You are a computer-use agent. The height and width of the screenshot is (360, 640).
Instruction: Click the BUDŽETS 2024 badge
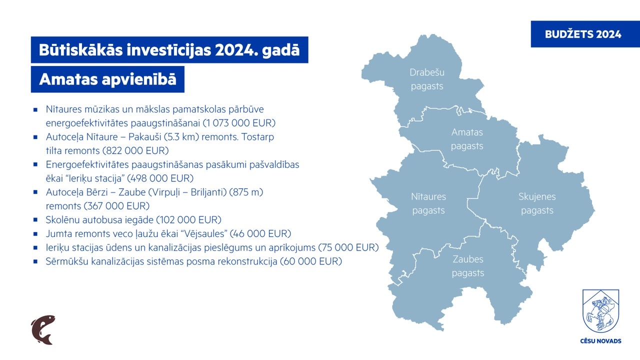point(585,34)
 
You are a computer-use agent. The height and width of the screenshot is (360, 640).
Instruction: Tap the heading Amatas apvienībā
point(107,79)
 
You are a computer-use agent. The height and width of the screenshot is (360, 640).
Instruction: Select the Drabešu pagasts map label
point(427,79)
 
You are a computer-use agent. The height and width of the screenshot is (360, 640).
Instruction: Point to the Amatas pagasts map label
point(467,139)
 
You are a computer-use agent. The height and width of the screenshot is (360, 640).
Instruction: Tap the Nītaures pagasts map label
point(428,203)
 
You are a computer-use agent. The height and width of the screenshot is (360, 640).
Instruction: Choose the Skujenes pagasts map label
point(537,203)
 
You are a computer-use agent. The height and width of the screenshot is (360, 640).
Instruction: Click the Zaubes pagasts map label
point(468,266)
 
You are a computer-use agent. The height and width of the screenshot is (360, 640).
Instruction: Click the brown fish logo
point(43,329)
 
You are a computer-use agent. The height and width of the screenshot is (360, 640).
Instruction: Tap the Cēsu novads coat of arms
point(600,311)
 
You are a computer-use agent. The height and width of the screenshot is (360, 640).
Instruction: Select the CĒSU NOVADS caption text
point(600,341)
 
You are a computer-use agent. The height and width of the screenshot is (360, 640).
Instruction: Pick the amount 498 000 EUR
point(160,178)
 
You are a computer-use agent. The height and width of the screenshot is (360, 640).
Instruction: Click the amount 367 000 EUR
point(117,206)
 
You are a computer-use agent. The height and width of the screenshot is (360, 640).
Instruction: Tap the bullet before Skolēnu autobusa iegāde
point(35,219)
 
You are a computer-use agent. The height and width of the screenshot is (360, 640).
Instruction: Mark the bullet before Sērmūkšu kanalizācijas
point(35,261)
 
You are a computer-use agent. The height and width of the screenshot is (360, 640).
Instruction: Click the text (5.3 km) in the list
point(181,137)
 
